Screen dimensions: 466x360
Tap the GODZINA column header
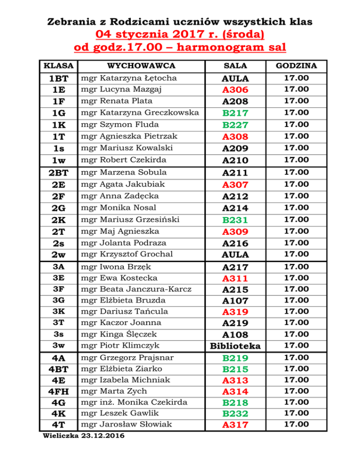tap(296, 66)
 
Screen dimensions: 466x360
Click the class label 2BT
tap(59, 173)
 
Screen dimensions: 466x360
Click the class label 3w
tap(59, 346)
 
